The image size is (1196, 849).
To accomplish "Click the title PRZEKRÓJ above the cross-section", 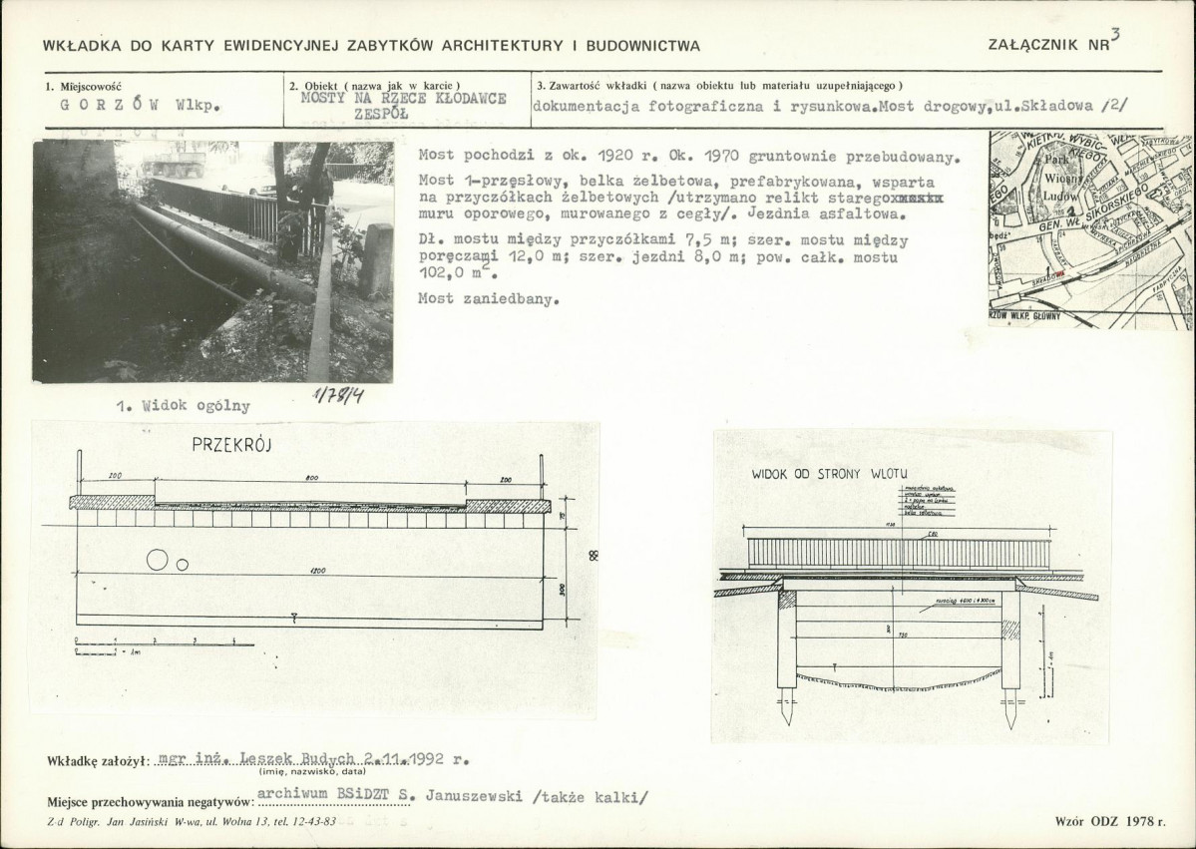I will coord(230,446).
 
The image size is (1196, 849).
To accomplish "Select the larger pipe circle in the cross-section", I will coord(158,560).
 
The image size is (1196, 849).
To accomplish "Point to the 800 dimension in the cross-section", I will coord(312,480).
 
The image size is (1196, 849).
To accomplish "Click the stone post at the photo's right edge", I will coord(377,261).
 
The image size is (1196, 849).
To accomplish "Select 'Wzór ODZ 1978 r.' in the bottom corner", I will coord(1107,821).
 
